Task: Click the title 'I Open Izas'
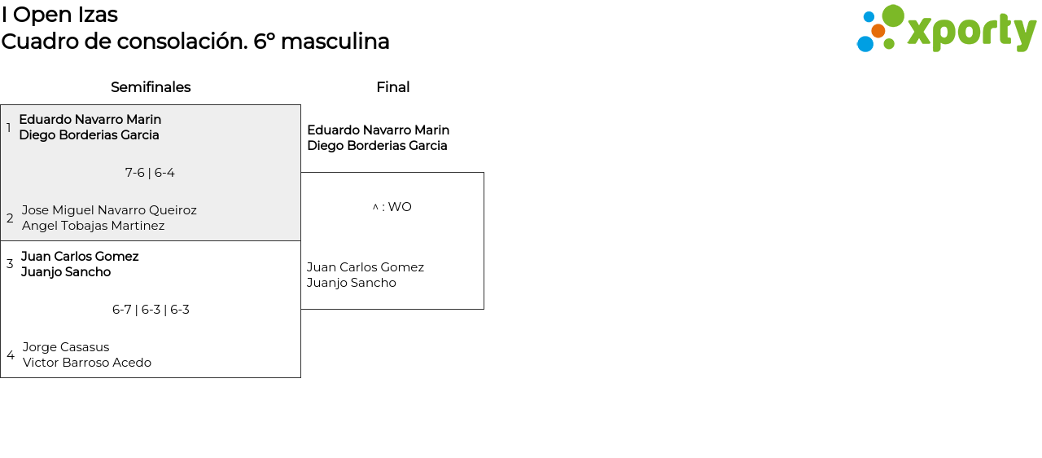click(59, 15)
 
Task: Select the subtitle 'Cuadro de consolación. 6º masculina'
click(195, 42)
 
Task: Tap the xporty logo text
click(971, 33)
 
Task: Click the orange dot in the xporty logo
click(878, 31)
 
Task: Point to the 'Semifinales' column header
click(151, 87)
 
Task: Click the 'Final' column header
click(392, 87)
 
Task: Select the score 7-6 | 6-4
click(150, 173)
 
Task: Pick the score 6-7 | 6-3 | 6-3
click(151, 310)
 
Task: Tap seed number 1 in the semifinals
click(9, 128)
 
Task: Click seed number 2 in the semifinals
click(10, 218)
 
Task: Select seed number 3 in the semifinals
click(10, 264)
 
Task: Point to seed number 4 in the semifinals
click(10, 355)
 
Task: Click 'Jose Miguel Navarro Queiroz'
click(109, 210)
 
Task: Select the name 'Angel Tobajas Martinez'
click(93, 226)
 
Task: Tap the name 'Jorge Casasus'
click(66, 347)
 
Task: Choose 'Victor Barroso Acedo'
click(87, 363)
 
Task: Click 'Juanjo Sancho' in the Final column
click(351, 283)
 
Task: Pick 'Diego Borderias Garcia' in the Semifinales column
click(89, 135)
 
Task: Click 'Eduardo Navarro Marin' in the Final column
click(378, 130)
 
